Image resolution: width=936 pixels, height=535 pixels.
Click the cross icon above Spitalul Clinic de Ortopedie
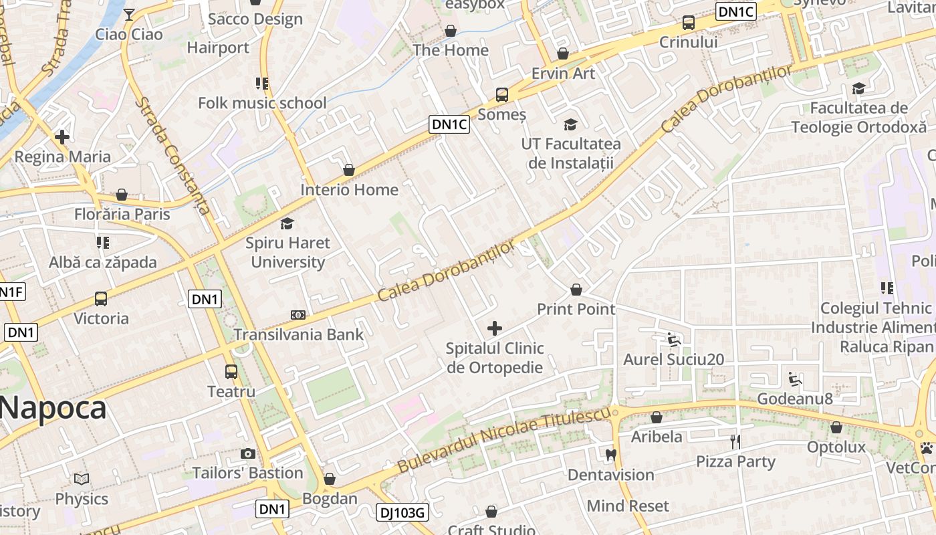pyautogui.click(x=495, y=328)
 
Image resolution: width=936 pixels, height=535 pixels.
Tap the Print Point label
pyautogui.click(x=576, y=309)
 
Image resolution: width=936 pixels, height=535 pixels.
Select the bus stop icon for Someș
pyautogui.click(x=502, y=95)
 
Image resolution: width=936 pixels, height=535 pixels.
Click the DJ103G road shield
pyautogui.click(x=402, y=513)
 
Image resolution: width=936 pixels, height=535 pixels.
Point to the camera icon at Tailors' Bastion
pyautogui.click(x=248, y=454)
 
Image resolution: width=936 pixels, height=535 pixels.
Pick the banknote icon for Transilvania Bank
pyautogui.click(x=298, y=315)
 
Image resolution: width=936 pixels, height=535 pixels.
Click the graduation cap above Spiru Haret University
pyautogui.click(x=287, y=223)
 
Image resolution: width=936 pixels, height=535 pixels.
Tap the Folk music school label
pyautogui.click(x=262, y=103)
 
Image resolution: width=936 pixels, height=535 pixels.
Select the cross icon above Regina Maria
pyautogui.click(x=62, y=137)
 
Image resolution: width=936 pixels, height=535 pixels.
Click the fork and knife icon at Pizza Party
pyautogui.click(x=735, y=442)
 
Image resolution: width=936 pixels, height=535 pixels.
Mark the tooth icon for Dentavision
pyautogui.click(x=610, y=455)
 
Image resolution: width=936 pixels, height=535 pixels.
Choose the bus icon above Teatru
pyautogui.click(x=231, y=372)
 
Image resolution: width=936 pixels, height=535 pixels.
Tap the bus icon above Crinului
pyautogui.click(x=688, y=23)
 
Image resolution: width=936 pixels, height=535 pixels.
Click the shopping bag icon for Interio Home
pyautogui.click(x=348, y=170)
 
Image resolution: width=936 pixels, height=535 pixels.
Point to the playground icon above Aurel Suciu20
pyautogui.click(x=674, y=340)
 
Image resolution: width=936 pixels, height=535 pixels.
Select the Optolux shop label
pyautogui.click(x=836, y=447)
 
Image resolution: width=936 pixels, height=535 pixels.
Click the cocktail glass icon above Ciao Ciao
pyautogui.click(x=129, y=14)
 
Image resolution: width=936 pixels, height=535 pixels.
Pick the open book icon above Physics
pyautogui.click(x=82, y=479)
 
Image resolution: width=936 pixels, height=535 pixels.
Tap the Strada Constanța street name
pyautogui.click(x=173, y=155)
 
